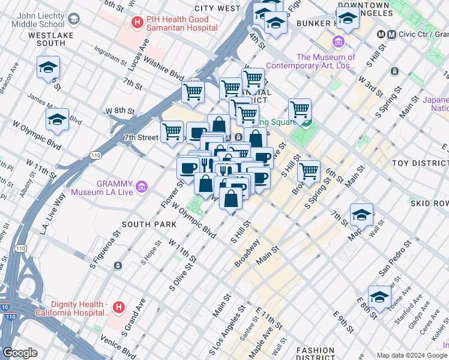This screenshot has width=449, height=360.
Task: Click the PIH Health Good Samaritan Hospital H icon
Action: tap(137, 23)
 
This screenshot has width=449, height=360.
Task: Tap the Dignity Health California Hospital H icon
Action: tap(119, 308)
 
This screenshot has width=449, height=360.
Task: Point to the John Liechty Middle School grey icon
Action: tap(73, 19)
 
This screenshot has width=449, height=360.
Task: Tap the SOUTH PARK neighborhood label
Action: tap(149, 224)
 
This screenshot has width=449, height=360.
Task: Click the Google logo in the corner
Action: tap(21, 353)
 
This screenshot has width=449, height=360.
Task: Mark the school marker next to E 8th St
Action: tap(379, 297)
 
